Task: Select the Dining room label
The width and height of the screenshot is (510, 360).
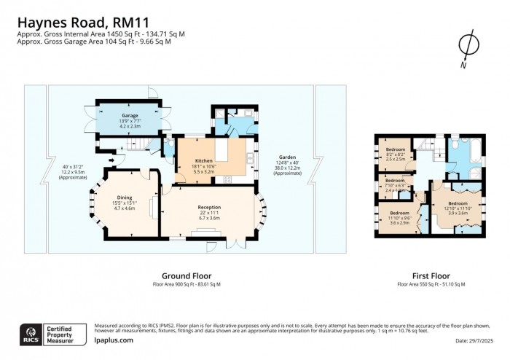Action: (x=125, y=197)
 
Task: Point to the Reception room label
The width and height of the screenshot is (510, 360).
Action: (x=209, y=207)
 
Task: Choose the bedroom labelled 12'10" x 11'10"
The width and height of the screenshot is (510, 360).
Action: (x=458, y=203)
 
